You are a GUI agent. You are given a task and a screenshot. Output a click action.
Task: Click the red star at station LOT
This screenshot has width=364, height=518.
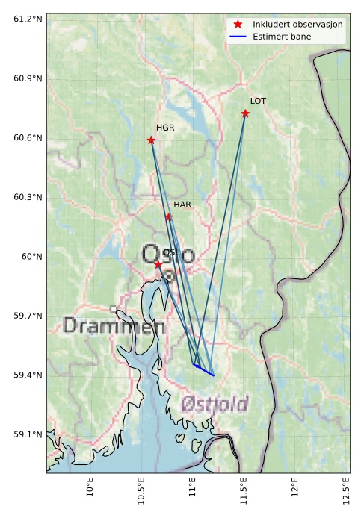tap(245, 113)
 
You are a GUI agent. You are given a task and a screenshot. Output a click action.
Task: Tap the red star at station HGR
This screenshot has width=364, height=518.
tap(151, 140)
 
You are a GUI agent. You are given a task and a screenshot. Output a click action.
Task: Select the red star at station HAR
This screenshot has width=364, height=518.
tap(168, 217)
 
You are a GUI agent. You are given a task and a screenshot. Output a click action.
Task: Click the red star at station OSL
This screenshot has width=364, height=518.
tap(158, 264)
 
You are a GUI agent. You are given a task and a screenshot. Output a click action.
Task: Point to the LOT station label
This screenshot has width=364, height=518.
tap(258, 101)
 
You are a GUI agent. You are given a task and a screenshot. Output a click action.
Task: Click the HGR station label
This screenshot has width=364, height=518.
tap(165, 128)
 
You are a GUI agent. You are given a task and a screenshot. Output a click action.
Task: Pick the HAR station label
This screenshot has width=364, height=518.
tap(182, 205)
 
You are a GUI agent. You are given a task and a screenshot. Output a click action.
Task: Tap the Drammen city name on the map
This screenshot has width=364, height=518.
tap(114, 326)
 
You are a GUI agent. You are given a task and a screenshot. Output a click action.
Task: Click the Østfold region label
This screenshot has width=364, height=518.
tap(214, 405)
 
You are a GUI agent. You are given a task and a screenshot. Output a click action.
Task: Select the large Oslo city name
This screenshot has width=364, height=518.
tap(168, 255)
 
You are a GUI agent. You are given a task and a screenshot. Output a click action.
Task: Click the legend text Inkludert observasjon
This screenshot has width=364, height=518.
tap(297, 24)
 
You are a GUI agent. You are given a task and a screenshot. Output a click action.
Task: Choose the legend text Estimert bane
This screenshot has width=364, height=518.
tap(282, 36)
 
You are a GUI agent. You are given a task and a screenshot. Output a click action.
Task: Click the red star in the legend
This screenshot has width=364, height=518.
tap(238, 24)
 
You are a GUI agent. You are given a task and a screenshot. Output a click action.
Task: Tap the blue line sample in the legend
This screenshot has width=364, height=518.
tap(238, 36)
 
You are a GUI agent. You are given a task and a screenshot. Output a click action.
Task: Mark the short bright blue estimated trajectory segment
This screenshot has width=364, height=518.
tap(203, 369)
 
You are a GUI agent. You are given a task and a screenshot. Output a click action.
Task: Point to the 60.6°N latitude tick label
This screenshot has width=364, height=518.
tap(27, 138)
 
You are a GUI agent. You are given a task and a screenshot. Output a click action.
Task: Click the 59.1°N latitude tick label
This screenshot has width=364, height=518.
tap(27, 434)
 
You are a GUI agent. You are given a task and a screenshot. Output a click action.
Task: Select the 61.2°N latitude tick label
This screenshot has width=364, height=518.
tap(27, 19)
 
